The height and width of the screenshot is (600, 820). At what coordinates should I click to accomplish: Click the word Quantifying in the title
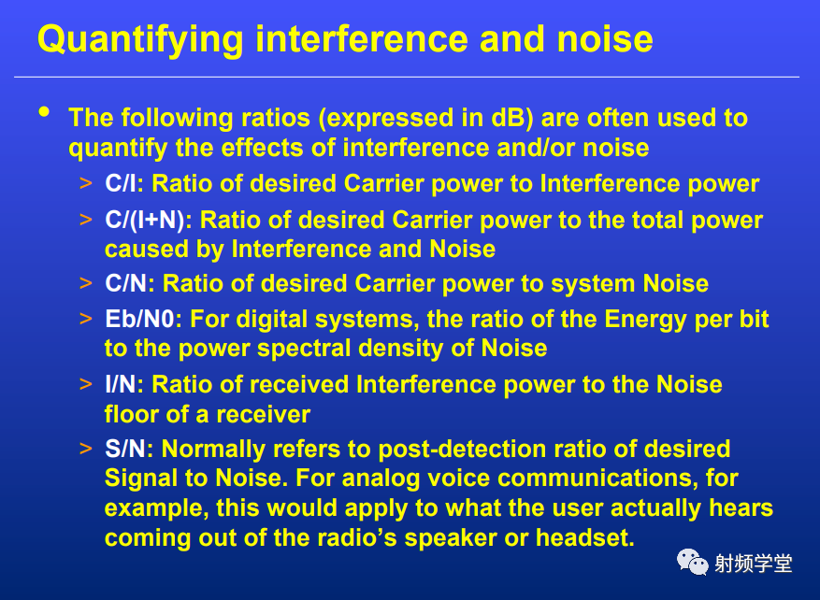coord(140,41)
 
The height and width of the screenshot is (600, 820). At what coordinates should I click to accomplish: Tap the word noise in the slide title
coord(605,39)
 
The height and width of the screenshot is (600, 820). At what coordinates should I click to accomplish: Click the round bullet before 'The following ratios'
coord(44,112)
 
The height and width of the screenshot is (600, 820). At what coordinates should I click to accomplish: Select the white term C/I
coord(121,183)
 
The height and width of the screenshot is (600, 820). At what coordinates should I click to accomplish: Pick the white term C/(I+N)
coord(145,220)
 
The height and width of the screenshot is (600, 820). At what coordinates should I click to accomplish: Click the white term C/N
coord(126,283)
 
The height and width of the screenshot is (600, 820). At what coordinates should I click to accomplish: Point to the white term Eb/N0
coord(139,319)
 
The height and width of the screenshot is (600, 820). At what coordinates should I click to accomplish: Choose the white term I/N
coord(121,385)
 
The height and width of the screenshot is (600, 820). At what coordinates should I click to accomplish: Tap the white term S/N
coord(125,449)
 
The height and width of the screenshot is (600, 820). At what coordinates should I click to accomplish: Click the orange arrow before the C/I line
coord(86,183)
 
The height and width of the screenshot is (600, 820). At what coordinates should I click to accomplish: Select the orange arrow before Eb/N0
coord(86,319)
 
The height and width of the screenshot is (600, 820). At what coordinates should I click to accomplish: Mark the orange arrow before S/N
coord(86,449)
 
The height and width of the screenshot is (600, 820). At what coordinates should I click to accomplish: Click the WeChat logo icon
coord(693,562)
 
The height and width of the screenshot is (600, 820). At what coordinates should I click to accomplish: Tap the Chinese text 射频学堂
coord(753,564)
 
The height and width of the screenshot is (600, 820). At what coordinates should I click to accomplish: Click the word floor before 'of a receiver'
coord(131,414)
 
